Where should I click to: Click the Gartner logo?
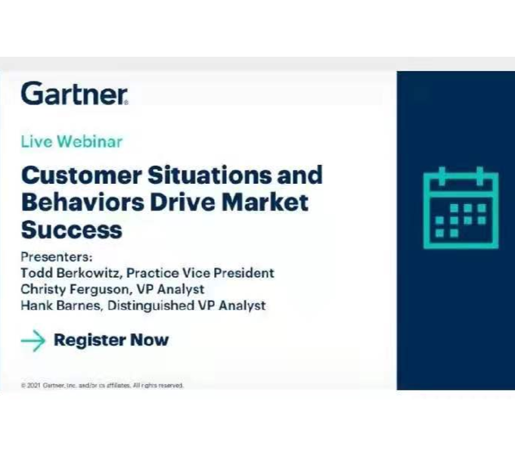[74, 93]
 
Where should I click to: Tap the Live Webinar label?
[71, 141]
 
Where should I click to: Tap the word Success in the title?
[71, 229]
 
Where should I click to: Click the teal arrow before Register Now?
[33, 340]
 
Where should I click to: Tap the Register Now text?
[111, 340]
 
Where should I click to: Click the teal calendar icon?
[460, 209]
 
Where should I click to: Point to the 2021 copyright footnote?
[102, 385]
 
